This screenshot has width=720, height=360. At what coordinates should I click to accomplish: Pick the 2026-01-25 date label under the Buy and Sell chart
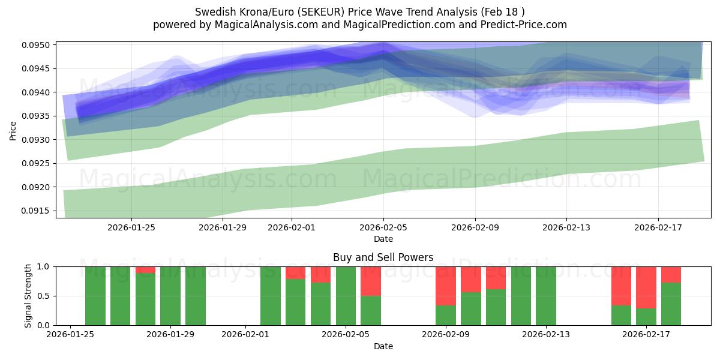point(71,334)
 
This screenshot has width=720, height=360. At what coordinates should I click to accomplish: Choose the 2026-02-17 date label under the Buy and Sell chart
point(646,334)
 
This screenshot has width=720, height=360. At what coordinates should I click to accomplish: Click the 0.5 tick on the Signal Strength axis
point(45,296)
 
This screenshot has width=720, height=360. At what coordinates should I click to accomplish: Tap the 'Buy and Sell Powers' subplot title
point(383,257)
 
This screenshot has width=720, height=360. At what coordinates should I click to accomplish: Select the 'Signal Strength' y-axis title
point(28,295)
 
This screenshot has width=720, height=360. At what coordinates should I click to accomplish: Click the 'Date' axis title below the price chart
point(383,239)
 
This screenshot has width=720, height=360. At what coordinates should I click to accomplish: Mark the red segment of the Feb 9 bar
point(446,286)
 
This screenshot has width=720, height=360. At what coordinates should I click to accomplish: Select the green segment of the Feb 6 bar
point(371,310)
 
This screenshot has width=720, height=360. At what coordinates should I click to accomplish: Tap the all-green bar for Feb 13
point(546,296)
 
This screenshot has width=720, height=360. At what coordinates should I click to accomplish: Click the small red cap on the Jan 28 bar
point(146,270)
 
